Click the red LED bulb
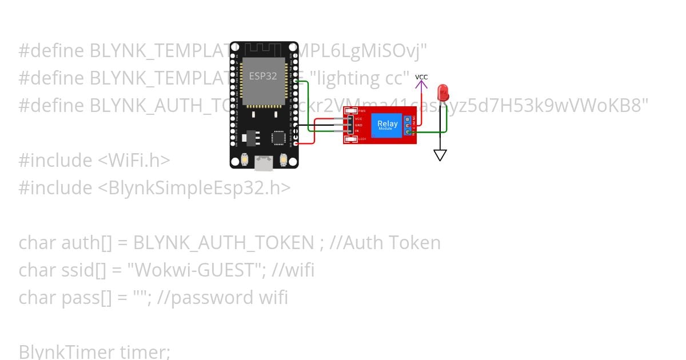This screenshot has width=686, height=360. tap(442, 92)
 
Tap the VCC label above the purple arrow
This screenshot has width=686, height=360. tap(421, 77)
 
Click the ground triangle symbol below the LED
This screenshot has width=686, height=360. tap(440, 155)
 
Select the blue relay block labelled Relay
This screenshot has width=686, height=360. tap(387, 125)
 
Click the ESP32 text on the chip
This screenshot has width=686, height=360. tap(263, 76)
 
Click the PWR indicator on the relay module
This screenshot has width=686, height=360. tap(351, 111)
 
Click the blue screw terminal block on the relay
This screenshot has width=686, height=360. tap(408, 125)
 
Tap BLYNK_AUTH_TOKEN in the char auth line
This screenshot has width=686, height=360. tap(224, 242)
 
